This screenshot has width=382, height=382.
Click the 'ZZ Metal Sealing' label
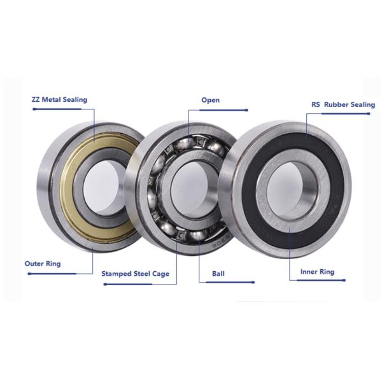(59, 100)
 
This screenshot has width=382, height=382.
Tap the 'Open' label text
(211, 100)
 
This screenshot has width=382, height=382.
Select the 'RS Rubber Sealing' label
(343, 105)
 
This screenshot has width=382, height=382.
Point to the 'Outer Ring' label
(43, 264)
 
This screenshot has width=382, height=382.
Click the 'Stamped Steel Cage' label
(135, 274)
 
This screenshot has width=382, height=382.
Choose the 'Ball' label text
(218, 274)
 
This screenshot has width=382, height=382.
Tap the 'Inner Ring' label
(317, 272)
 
